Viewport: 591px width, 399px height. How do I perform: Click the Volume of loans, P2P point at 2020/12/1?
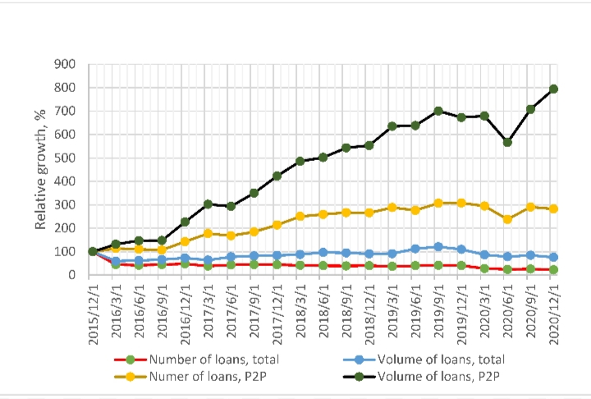[x=554, y=89]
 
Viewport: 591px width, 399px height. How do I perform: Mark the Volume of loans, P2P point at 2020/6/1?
[x=508, y=142]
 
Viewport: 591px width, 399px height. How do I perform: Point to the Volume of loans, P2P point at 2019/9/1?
[x=438, y=111]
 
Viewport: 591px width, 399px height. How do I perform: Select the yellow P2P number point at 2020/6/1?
[x=508, y=219]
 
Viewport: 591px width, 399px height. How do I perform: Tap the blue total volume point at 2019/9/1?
[x=438, y=246]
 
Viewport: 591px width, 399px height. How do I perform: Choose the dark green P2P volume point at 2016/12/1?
[x=185, y=222]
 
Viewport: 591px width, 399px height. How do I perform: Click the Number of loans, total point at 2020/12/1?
[x=554, y=269]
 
